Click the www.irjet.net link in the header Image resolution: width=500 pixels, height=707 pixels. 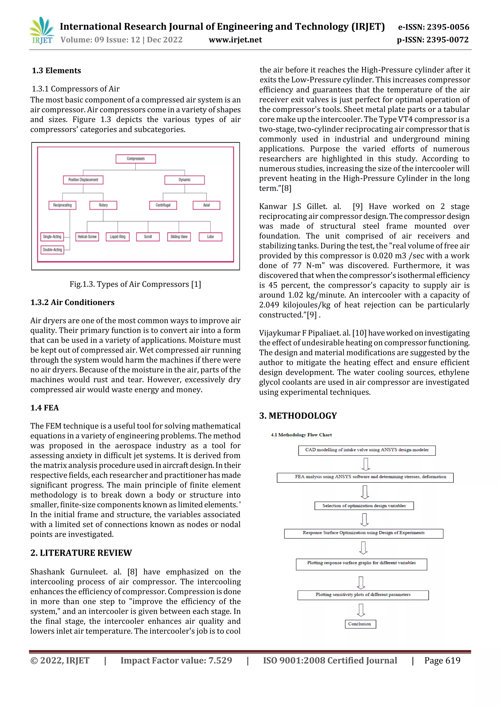235,40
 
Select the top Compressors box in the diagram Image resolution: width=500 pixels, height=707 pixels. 135,159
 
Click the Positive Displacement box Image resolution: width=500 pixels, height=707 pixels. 83,180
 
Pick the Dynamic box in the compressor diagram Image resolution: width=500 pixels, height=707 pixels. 184,180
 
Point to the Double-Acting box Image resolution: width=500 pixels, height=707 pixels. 52,249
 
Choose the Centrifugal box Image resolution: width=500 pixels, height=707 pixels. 163,205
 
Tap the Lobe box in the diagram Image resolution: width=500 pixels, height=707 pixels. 210,236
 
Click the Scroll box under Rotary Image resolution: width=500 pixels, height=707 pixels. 148,236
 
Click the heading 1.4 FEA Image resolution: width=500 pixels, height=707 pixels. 44,408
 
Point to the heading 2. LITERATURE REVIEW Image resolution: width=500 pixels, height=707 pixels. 81,553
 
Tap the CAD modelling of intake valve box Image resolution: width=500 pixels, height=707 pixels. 367,450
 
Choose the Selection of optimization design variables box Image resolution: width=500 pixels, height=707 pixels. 364,506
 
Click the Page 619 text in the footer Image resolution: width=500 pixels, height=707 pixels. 442,660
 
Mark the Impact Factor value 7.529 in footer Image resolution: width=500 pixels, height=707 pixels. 176,660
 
